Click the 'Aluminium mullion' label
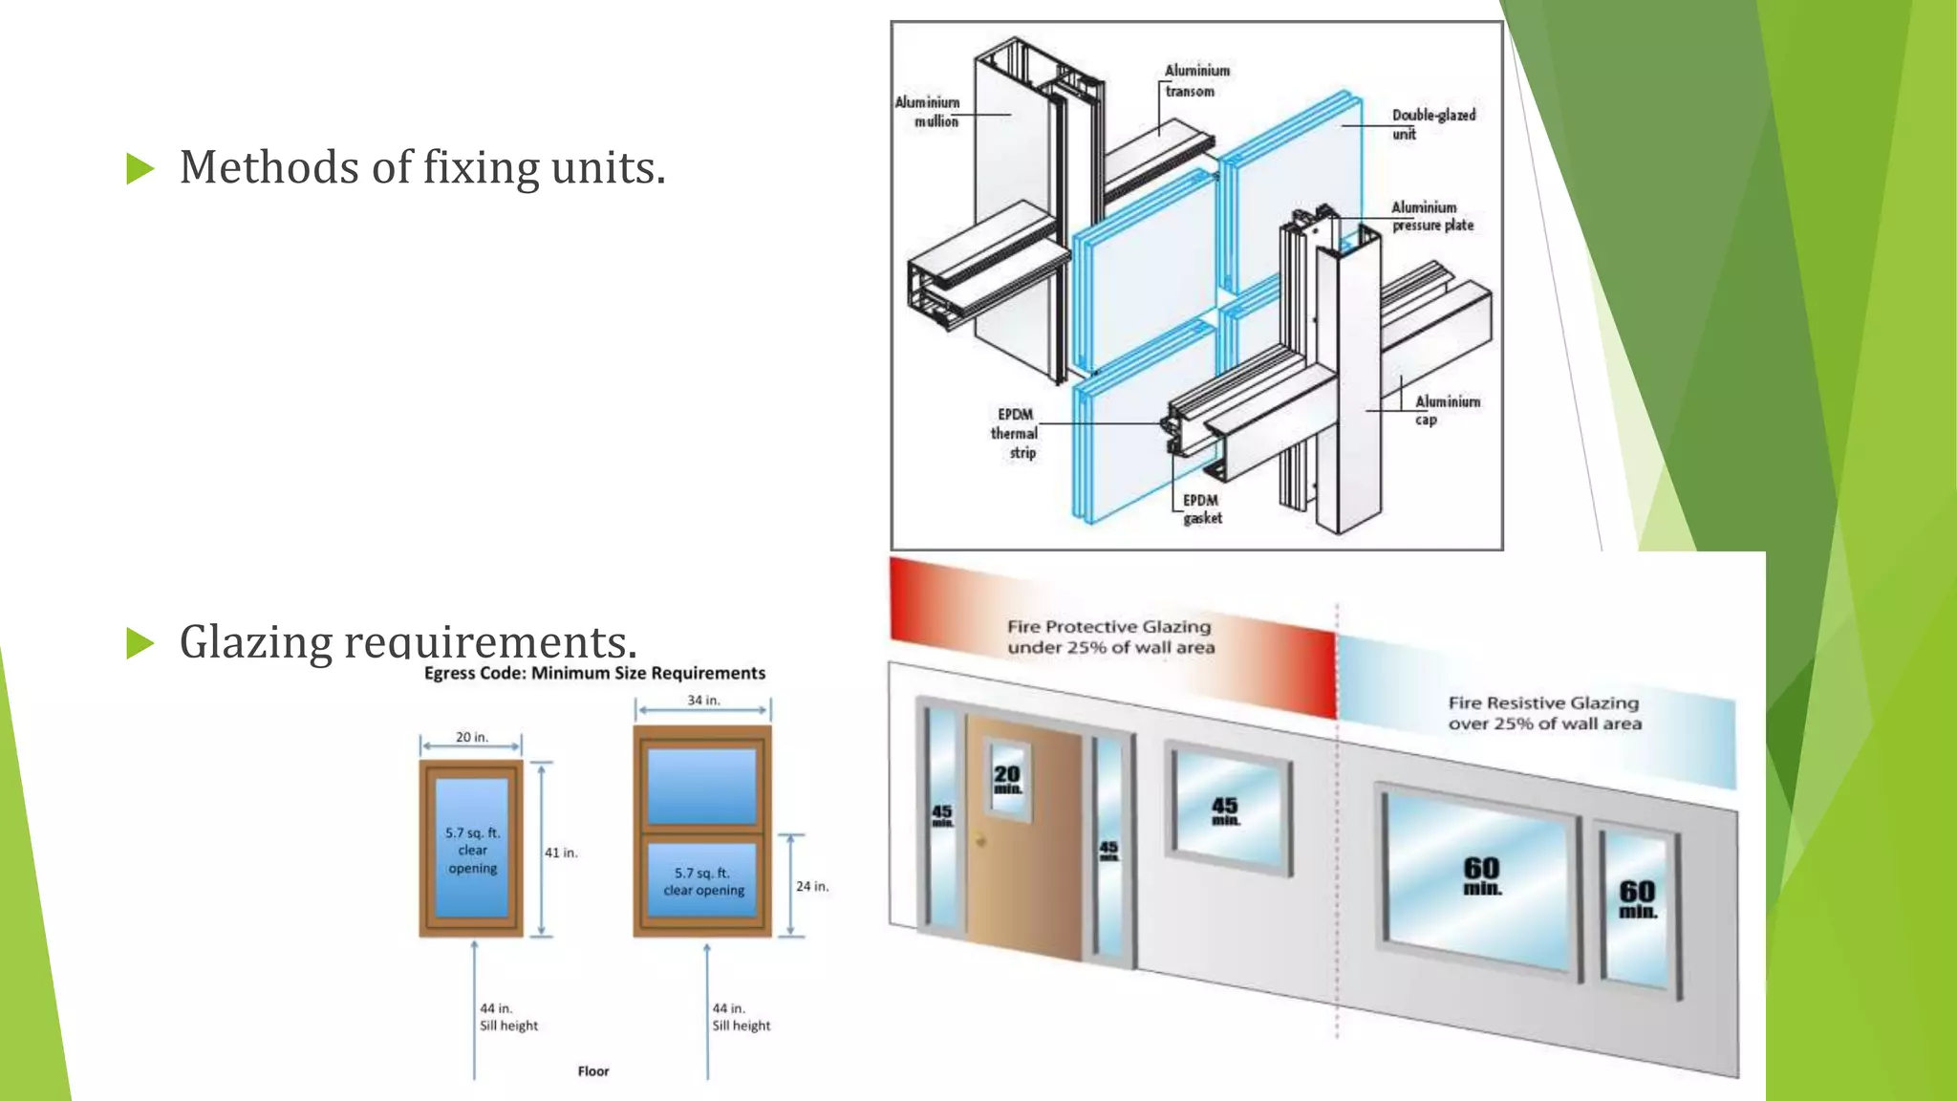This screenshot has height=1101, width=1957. [928, 112]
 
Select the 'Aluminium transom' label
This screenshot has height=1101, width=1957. [1196, 81]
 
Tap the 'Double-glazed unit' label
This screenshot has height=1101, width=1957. [1432, 124]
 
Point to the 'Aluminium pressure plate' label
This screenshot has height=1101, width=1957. [1431, 216]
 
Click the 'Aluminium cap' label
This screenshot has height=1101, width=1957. [1446, 410]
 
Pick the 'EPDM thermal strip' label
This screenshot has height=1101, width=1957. [1015, 433]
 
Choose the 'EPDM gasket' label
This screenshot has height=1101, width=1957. [1201, 508]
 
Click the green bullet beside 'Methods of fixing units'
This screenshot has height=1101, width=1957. [140, 169]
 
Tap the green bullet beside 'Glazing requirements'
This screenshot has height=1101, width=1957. [140, 643]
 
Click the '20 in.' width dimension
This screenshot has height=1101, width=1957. [471, 737]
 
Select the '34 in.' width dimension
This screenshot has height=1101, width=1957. [703, 701]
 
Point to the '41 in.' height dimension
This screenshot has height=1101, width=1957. [561, 853]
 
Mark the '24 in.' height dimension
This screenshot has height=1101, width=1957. [812, 886]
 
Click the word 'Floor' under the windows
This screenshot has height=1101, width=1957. [592, 1071]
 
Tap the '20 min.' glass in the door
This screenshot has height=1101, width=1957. [1007, 779]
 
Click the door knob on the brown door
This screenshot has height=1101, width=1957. [980, 841]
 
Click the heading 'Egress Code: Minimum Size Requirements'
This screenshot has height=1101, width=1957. [594, 673]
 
